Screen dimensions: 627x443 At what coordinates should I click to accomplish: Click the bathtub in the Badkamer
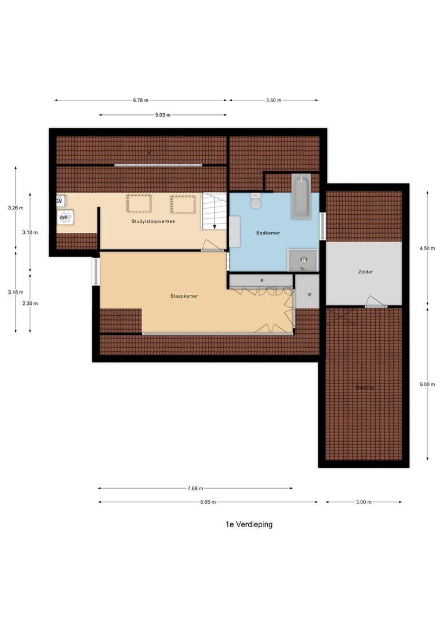[300, 196]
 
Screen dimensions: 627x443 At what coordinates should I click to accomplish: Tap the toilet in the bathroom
[256, 202]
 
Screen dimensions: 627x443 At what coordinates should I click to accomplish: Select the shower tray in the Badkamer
[303, 260]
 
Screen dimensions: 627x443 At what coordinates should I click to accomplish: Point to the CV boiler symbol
[59, 200]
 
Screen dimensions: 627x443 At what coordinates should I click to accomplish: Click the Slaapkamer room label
[184, 296]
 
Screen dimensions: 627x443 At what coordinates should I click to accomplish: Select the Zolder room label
[365, 272]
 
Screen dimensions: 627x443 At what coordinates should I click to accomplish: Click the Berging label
[365, 387]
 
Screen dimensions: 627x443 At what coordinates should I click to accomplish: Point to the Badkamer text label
[268, 233]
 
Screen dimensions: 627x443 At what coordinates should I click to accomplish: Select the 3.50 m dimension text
[273, 100]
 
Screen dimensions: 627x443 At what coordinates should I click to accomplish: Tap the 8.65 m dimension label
[208, 502]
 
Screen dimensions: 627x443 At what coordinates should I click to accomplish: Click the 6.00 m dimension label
[428, 384]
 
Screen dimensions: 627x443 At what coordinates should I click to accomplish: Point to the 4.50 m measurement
[428, 248]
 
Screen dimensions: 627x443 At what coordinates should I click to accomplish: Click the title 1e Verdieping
[249, 524]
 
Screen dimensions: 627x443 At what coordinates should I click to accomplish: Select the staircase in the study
[213, 211]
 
